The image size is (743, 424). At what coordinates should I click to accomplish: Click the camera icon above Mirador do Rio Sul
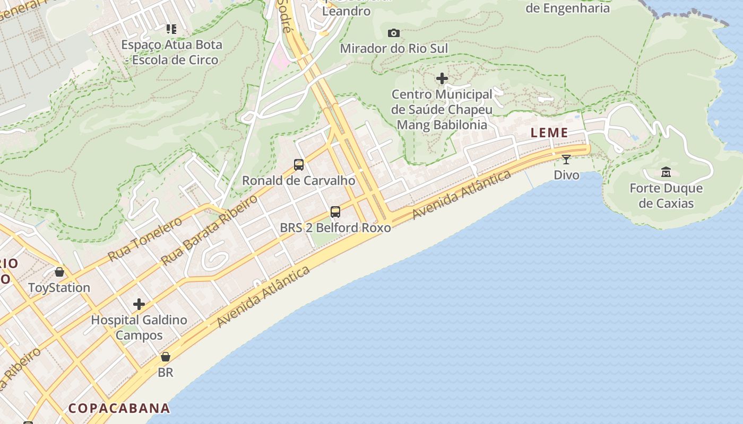(393, 33)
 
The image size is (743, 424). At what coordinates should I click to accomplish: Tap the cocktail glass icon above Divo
(566, 159)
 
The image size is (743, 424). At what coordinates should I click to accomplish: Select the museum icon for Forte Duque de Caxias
(666, 172)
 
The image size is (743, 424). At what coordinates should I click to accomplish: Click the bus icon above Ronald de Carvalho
(299, 164)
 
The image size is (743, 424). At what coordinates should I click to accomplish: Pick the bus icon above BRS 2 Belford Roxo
(335, 212)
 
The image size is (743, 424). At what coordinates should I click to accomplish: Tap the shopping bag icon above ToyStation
(59, 272)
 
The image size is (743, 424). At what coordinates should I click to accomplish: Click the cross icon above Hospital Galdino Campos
(139, 304)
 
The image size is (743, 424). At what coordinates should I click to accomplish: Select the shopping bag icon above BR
(166, 357)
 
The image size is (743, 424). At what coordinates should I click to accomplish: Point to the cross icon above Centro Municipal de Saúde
(442, 79)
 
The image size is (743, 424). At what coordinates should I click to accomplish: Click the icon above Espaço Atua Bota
(171, 29)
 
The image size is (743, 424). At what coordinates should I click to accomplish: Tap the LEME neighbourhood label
(549, 133)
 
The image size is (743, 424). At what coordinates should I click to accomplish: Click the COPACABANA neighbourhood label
(119, 408)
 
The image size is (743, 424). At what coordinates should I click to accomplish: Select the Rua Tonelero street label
(145, 239)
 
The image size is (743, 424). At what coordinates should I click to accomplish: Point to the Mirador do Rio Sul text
(394, 49)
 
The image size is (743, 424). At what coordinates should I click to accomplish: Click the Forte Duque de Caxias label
(666, 196)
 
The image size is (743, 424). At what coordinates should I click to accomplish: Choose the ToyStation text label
(59, 288)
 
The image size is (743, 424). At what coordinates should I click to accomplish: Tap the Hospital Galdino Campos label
(139, 328)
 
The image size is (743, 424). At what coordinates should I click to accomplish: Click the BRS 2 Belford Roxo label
(335, 228)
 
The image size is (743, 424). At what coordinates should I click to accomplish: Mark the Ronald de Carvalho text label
(299, 180)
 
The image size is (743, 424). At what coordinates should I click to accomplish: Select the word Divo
(566, 175)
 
